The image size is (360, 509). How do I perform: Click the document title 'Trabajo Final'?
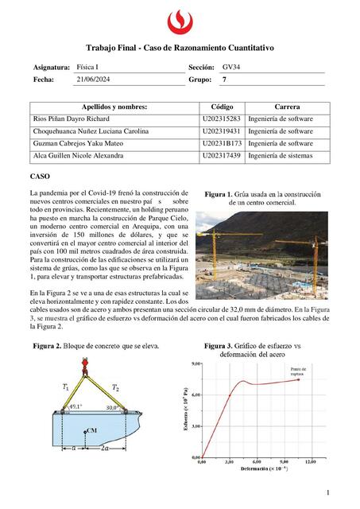coord(180,49)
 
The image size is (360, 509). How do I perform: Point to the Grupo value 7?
coord(225,80)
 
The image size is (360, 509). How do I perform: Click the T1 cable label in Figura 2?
coord(65,387)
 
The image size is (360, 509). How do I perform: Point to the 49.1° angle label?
coord(76,406)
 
